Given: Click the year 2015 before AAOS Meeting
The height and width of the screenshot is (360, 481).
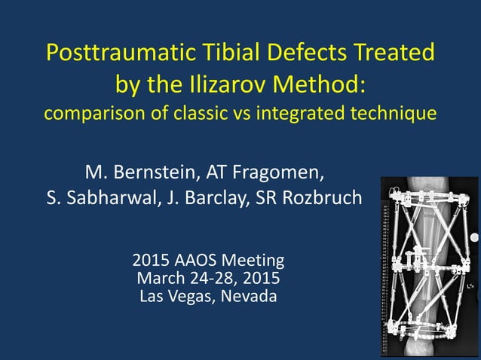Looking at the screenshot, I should point(150,261).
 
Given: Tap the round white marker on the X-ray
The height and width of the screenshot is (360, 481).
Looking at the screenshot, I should point(475,238).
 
